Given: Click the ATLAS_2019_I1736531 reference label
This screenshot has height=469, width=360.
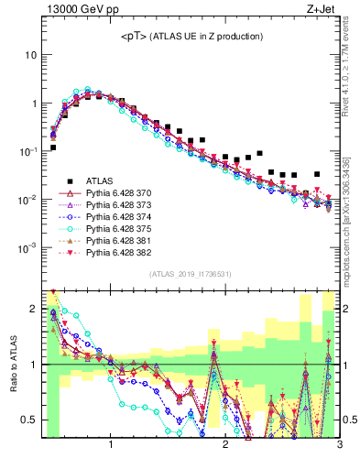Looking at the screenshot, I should click(191, 273).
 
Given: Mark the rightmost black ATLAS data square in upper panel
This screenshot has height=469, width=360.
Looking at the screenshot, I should click(317, 173).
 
